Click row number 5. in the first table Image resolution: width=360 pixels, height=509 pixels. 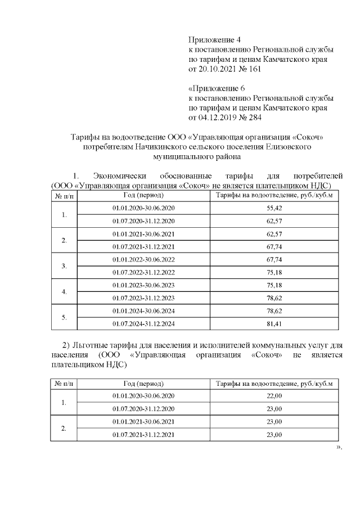coord(64,317)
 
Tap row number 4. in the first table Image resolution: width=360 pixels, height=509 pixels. coord(64,291)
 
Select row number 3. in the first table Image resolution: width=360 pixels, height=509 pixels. coord(64,265)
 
